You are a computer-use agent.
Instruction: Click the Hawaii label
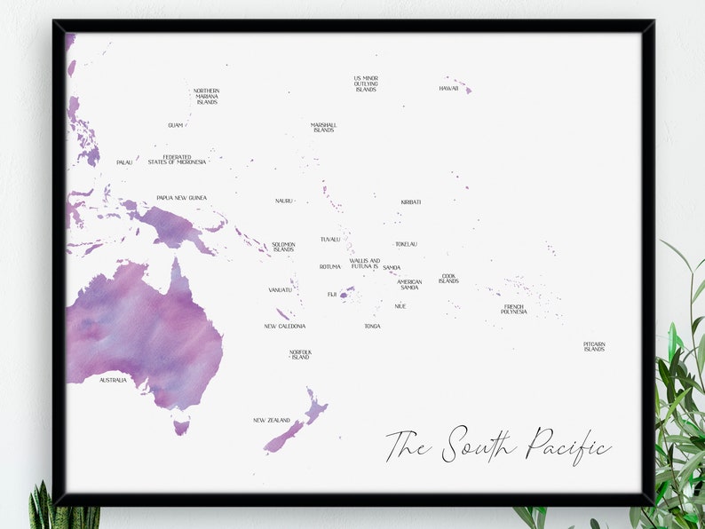[x=448, y=89]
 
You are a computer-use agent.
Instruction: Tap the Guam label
[x=175, y=125]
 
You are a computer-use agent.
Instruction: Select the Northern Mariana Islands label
[x=207, y=97]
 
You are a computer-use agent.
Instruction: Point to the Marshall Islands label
[x=323, y=128]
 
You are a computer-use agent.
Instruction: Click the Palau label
[x=124, y=162]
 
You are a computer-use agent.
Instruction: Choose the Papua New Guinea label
[x=181, y=198]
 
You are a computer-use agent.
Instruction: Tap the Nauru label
[x=283, y=201]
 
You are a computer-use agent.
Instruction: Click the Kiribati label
[x=410, y=202]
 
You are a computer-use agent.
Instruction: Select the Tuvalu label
[x=330, y=240]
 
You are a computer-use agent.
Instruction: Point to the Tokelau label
[x=406, y=244]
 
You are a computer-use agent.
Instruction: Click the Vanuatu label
[x=280, y=290]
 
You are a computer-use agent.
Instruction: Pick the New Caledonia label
[x=284, y=327]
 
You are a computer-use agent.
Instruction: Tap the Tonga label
[x=372, y=327]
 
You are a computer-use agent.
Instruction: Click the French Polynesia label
[x=513, y=310]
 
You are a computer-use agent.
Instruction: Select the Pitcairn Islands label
[x=594, y=346]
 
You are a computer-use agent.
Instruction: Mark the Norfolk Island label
[x=300, y=355]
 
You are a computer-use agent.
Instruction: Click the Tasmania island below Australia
[x=181, y=427]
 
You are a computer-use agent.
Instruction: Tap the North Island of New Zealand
[x=314, y=408]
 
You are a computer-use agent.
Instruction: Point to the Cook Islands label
[x=448, y=280]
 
